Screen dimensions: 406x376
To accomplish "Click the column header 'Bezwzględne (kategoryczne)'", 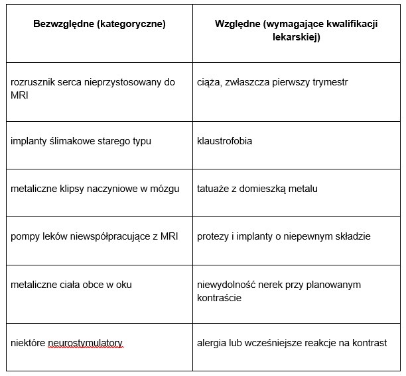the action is pyautogui.click(x=100, y=24).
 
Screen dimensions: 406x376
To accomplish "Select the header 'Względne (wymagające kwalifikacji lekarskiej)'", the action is pyautogui.click(x=295, y=30).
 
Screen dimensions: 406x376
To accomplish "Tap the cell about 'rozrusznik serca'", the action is pyautogui.click(x=93, y=89).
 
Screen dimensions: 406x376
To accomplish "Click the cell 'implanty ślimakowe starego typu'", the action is pyautogui.click(x=77, y=141).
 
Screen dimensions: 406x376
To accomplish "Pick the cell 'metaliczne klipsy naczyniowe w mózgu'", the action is pyautogui.click(x=95, y=189).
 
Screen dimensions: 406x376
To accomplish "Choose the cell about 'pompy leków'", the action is pyautogui.click(x=94, y=236).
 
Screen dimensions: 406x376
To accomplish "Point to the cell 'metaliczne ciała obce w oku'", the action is pyautogui.click(x=72, y=285).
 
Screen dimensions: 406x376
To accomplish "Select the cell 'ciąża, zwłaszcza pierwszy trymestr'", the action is pyautogui.click(x=272, y=82).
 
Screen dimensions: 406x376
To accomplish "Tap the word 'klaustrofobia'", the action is pyautogui.click(x=224, y=141).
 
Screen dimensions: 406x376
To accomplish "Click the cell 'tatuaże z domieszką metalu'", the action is pyautogui.click(x=257, y=189).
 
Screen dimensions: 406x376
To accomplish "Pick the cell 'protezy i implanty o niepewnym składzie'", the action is pyautogui.click(x=283, y=236).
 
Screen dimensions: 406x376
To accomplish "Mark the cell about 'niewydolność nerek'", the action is pyautogui.click(x=287, y=291).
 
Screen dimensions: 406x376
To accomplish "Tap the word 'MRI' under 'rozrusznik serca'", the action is pyautogui.click(x=20, y=96).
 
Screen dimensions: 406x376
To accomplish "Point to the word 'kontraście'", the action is pyautogui.click(x=219, y=298).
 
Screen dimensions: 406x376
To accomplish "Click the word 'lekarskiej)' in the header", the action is pyautogui.click(x=296, y=38).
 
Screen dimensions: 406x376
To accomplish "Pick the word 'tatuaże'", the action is pyautogui.click(x=213, y=189).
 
